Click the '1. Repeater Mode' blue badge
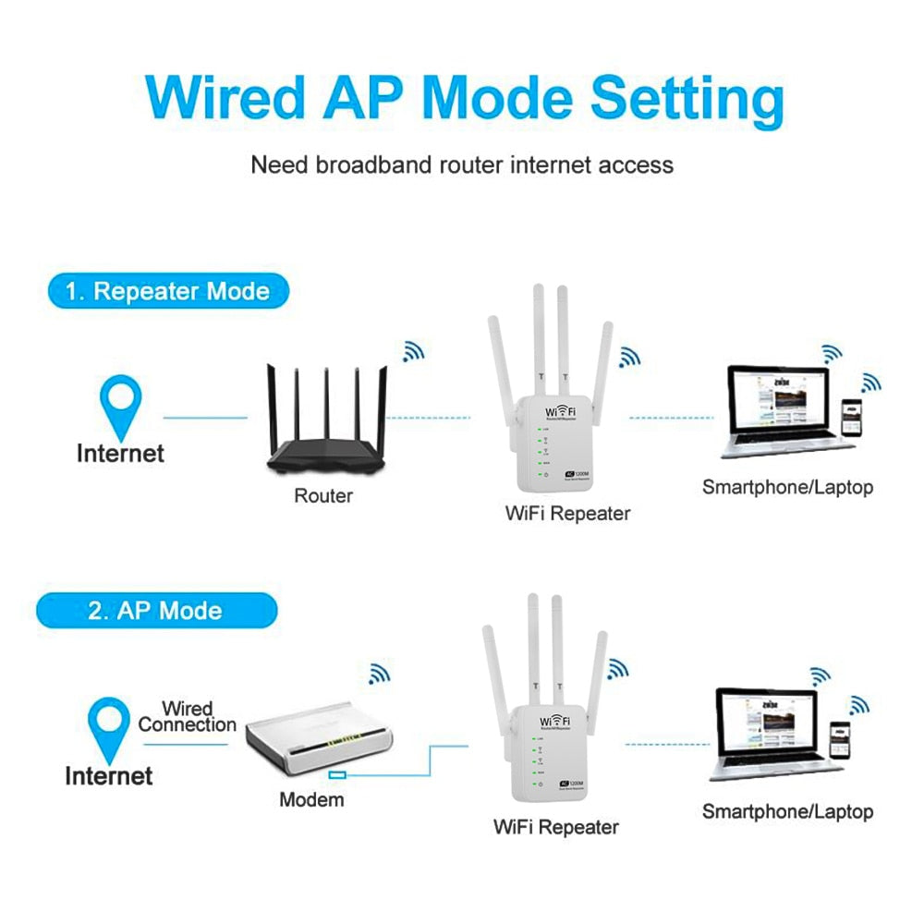167,292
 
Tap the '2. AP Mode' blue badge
155,611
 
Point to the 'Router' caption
323,496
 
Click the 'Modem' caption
311,799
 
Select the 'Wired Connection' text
188,717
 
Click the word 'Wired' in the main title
225,97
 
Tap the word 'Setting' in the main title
687,97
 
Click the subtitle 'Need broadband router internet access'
462,165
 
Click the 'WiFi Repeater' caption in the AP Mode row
555,827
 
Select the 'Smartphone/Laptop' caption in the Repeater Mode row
787,487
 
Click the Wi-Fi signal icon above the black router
413,351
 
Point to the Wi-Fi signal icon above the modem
379,673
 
